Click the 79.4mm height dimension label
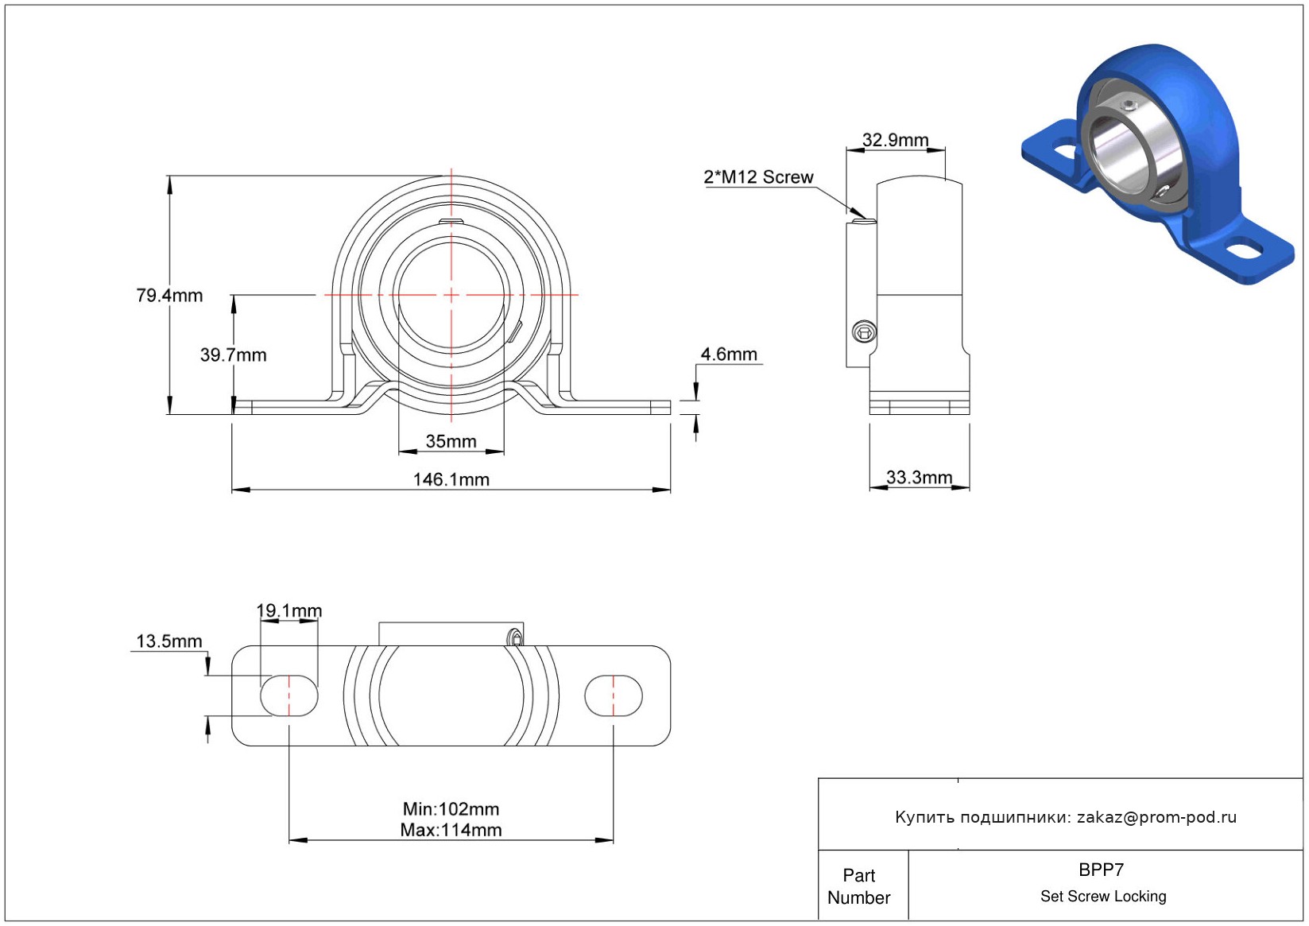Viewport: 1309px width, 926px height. click(169, 296)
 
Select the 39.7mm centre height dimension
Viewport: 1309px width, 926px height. click(233, 355)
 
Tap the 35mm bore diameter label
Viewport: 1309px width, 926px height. click(451, 441)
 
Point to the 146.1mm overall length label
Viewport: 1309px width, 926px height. click(451, 479)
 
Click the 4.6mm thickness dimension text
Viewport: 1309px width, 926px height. click(729, 355)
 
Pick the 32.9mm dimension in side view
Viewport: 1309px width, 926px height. click(895, 141)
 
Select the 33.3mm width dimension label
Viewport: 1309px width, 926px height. click(919, 478)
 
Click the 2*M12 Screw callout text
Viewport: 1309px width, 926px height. click(758, 177)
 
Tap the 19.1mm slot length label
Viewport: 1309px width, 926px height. click(289, 610)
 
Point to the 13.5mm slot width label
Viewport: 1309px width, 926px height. click(169, 641)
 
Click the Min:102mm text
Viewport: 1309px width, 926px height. click(451, 809)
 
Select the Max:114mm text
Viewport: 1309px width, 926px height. click(451, 831)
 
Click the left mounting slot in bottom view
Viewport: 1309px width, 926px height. click(289, 695)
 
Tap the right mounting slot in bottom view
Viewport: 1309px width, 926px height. click(613, 695)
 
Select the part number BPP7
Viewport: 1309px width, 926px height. click(1101, 870)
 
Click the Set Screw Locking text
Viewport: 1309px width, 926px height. click(1103, 897)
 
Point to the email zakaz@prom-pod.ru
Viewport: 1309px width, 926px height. click(1156, 817)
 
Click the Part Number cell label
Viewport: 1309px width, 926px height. click(858, 886)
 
